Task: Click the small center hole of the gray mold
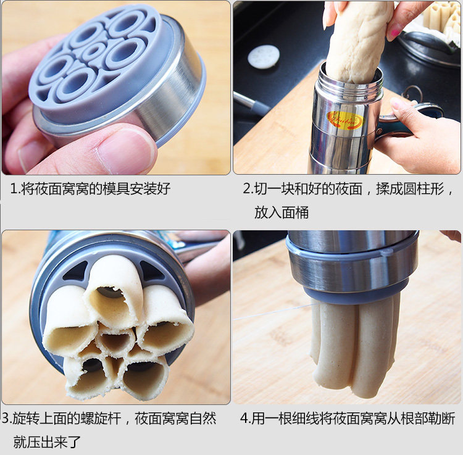coord(93,52)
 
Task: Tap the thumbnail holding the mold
coord(127,150)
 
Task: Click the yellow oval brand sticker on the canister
coord(346,120)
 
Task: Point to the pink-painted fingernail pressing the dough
coord(394,34)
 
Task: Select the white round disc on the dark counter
coord(264,57)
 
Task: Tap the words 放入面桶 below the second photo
coord(282,212)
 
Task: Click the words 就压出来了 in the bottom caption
coord(47,441)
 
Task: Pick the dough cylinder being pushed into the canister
coord(357,41)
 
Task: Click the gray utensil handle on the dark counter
coord(251,102)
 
